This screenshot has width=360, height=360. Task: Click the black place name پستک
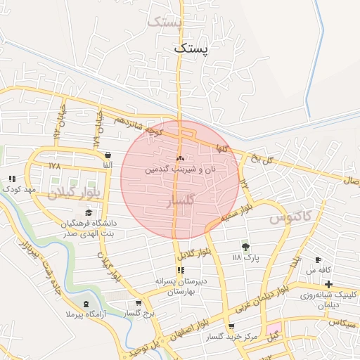point(191,49)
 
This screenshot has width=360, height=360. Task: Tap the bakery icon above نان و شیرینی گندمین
point(180,159)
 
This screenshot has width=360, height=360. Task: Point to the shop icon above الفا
point(108,155)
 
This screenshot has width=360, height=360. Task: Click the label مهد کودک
point(19,189)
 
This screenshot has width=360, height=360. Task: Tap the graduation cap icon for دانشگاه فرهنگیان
point(89,212)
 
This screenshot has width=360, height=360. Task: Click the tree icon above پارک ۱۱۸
point(245,247)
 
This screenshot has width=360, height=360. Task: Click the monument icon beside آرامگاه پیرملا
point(86,304)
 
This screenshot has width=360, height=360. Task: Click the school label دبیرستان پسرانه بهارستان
point(181,285)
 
